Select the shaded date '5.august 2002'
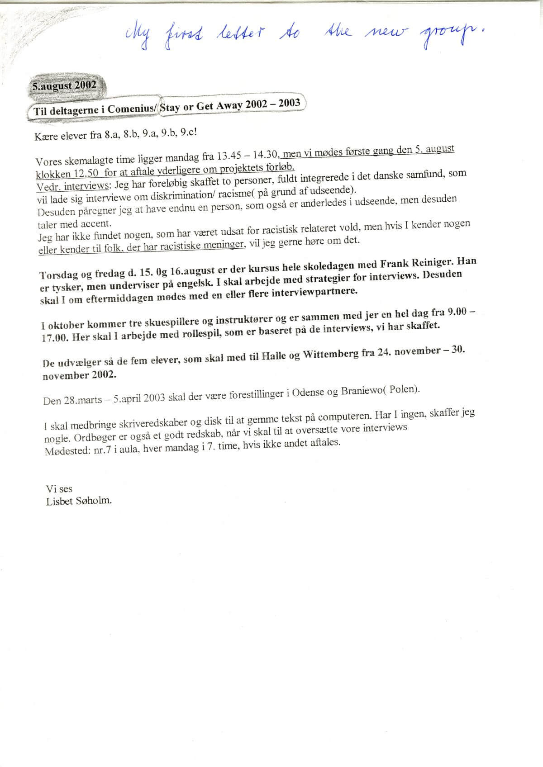(64, 86)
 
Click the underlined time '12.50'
(86, 174)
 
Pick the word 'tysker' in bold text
(64, 288)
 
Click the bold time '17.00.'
(55, 338)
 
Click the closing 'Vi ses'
(59, 489)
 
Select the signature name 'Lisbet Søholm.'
(79, 501)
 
